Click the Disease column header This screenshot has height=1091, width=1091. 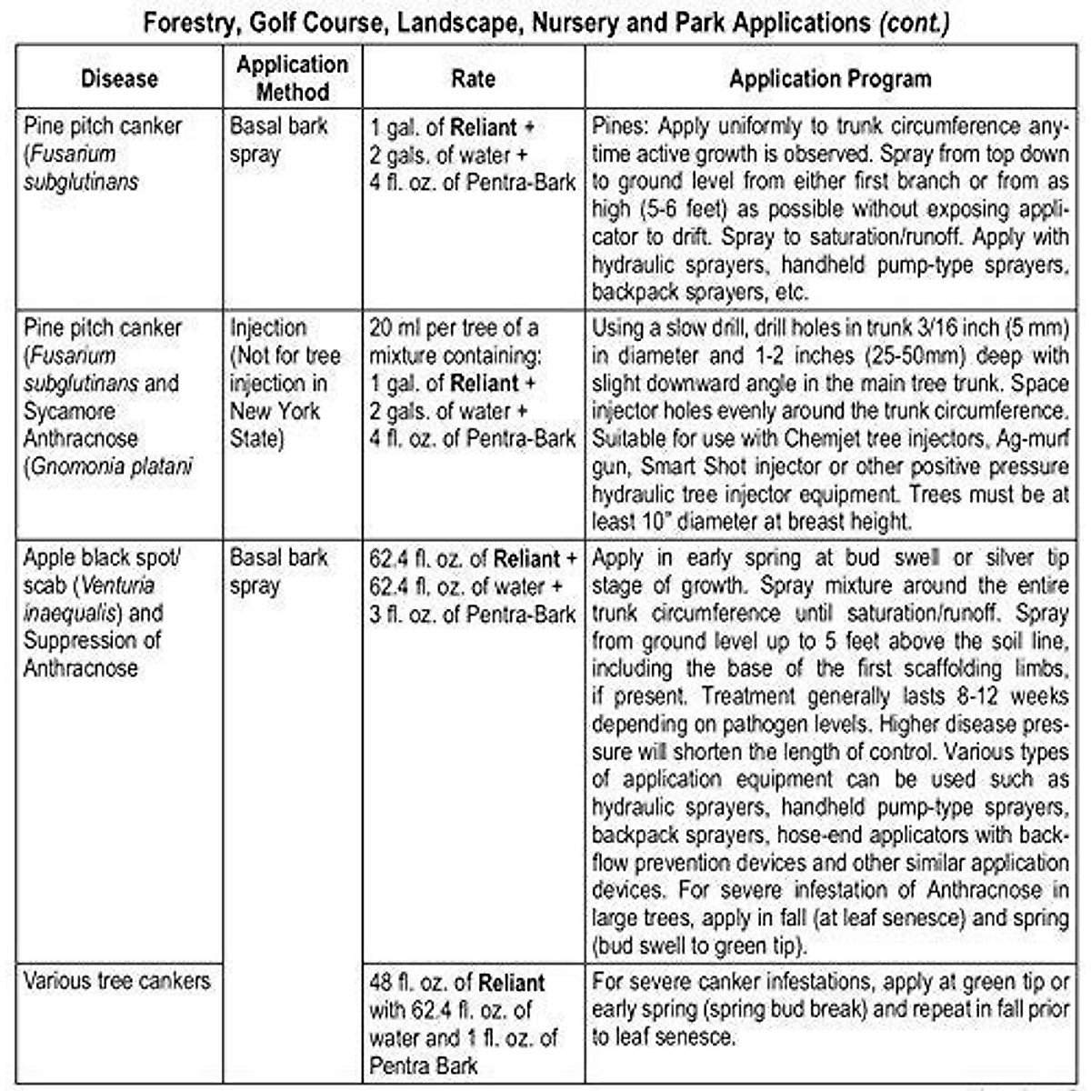point(119,79)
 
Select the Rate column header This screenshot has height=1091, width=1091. point(473,78)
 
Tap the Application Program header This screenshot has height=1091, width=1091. point(830,79)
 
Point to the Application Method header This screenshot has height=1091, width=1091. point(292,78)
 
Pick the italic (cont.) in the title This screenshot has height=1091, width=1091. point(914,23)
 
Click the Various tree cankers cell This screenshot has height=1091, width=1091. point(116,981)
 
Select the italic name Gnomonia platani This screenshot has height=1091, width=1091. point(112,467)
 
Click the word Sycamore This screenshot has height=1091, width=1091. point(68,411)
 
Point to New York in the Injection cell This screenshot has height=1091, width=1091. point(275,411)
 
